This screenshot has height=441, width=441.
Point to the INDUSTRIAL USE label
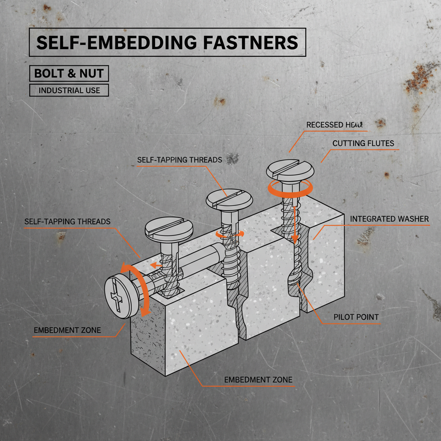click(x=69, y=90)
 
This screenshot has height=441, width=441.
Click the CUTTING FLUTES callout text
click(x=363, y=143)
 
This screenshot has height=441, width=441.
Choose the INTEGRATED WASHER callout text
click(x=389, y=219)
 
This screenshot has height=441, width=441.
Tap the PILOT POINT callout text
click(x=356, y=317)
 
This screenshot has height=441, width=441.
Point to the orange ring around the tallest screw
click(x=289, y=189)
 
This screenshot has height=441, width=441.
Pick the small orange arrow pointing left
click(x=155, y=266)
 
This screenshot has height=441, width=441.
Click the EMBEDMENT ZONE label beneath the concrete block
click(x=258, y=379)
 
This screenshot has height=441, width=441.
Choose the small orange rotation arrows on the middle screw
click(x=230, y=234)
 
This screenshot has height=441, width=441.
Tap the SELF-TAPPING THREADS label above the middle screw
click(x=180, y=160)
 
